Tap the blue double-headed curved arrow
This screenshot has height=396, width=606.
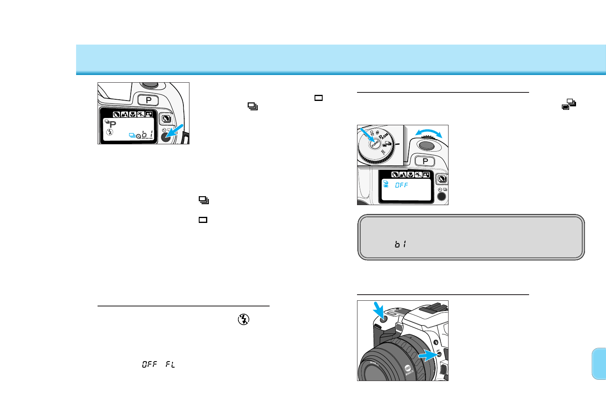[429, 133]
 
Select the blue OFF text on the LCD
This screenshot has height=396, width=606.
[402, 185]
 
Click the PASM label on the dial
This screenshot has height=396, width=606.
[384, 135]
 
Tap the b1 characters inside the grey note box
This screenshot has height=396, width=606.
[400, 244]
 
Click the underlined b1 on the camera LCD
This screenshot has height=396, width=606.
[147, 134]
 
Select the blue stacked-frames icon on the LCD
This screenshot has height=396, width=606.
[132, 135]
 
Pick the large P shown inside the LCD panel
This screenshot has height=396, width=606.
[113, 124]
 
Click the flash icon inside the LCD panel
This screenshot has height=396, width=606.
[110, 132]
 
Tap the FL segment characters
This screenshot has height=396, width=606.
[170, 364]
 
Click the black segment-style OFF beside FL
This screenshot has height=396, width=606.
[149, 364]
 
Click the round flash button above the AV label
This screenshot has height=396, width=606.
[436, 342]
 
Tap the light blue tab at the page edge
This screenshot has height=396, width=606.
[599, 364]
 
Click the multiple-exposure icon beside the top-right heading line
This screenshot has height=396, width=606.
[569, 105]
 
